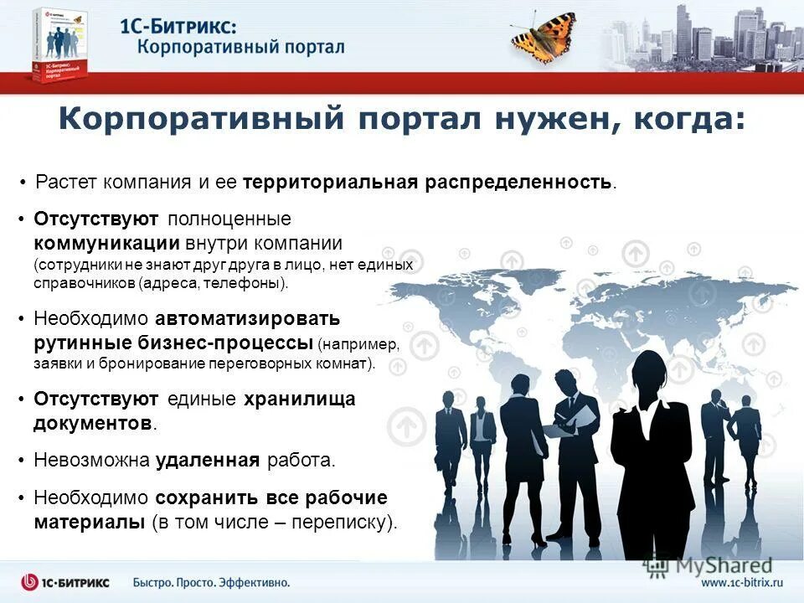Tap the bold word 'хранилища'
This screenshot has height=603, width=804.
299,399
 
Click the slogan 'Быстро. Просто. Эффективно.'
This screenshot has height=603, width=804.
211,582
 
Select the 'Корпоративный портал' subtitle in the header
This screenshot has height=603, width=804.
241,46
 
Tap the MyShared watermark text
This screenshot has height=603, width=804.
712,566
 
